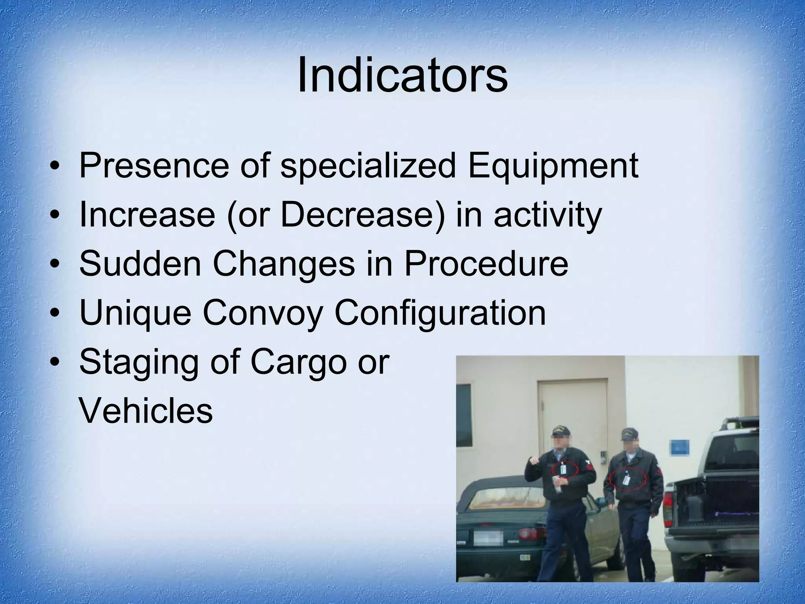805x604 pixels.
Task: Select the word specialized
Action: point(368,166)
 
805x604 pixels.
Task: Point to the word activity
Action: point(548,215)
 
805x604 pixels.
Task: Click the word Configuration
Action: point(440,313)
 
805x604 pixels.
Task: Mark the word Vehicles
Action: point(146,411)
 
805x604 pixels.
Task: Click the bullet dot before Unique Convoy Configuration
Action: point(57,313)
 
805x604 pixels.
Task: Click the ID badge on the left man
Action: point(564,470)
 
